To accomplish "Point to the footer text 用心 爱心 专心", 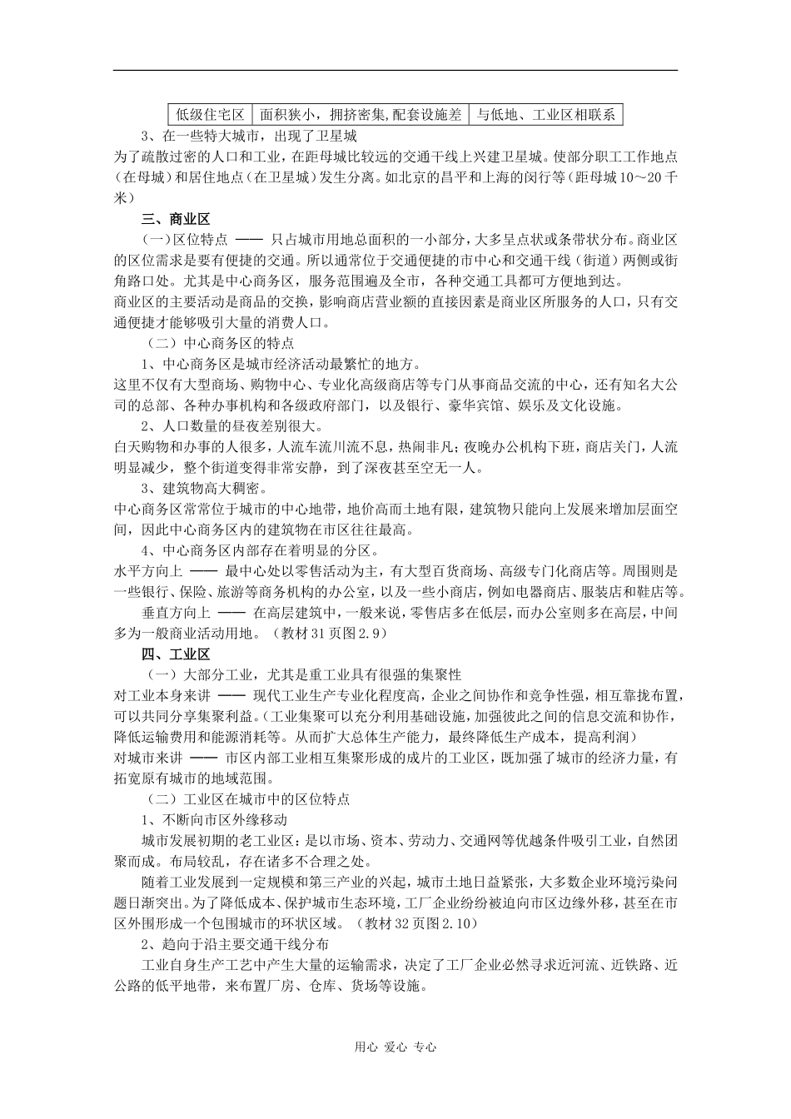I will tap(395, 1047).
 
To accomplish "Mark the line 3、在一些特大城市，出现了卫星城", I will tap(249, 137).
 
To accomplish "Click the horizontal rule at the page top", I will tap(395, 71).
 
